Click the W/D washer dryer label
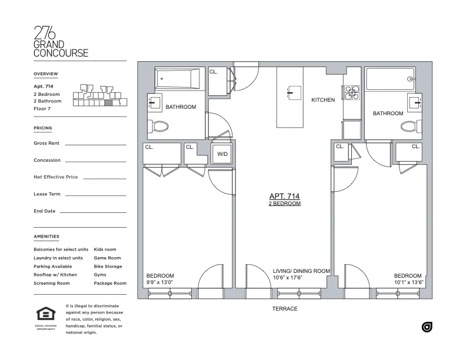222,154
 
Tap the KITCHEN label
323,100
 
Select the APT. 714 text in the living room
285,196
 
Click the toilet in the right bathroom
409,126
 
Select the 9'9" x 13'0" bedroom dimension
161,282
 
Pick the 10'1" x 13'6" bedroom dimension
408,282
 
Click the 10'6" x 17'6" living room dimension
288,278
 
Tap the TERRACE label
285,309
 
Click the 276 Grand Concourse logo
61,42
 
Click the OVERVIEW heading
46,74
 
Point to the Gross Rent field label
47,143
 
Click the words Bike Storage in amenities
108,266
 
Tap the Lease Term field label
47,194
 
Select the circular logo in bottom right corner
427,327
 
